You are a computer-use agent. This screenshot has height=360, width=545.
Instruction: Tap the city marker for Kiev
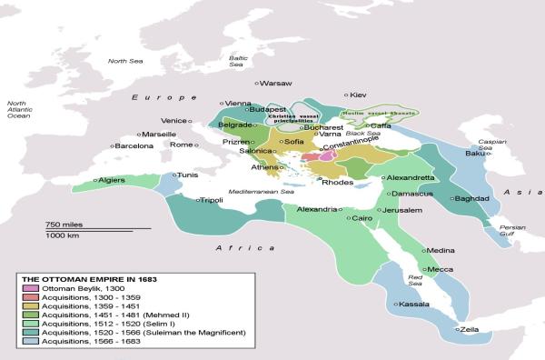click(x=346, y=95)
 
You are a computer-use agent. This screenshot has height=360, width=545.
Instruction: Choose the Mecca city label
click(x=441, y=269)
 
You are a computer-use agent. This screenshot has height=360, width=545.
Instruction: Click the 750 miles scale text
click(x=64, y=224)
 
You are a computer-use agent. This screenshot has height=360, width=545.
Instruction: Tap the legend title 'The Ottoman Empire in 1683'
click(x=86, y=277)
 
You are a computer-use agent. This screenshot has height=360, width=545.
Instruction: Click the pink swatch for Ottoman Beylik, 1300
click(x=31, y=288)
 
